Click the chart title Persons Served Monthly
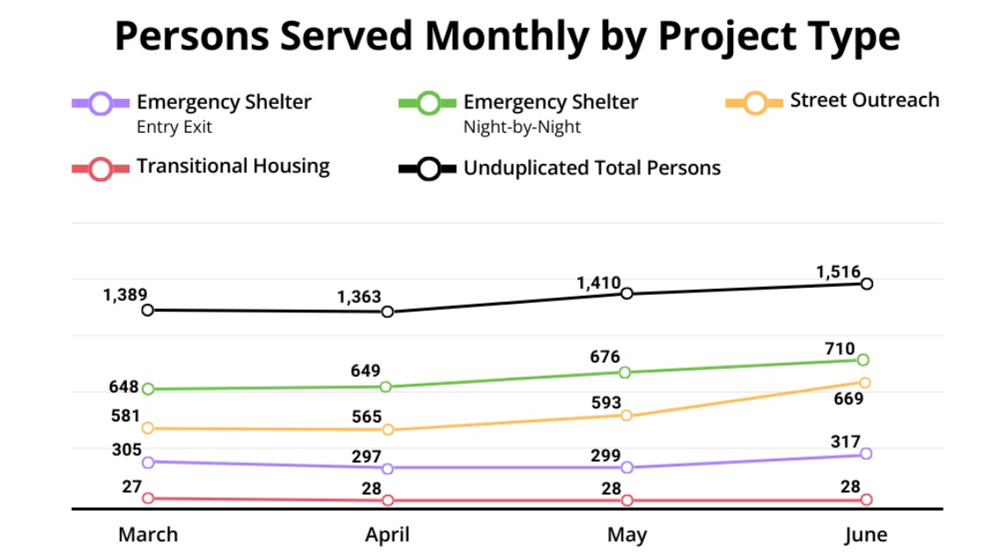tap(507, 37)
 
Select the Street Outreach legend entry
tap(864, 100)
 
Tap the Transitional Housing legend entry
tap(232, 166)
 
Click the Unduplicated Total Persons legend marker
tap(429, 169)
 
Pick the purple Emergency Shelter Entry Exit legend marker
tap(101, 103)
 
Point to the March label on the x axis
tap(148, 534)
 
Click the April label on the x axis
tap(387, 534)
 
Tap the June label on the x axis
tap(865, 534)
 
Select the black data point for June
tap(866, 283)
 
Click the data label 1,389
tap(125, 295)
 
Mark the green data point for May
tap(626, 372)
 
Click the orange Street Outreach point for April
tap(387, 430)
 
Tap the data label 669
tap(849, 399)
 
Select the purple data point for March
tap(148, 462)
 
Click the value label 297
tap(365, 456)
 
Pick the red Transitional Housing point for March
tap(148, 498)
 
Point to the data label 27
tap(132, 485)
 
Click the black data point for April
tap(387, 312)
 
